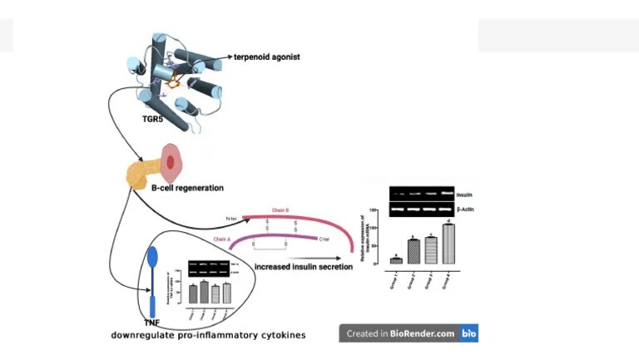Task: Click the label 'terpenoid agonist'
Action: click(x=266, y=57)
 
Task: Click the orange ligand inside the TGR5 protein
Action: click(x=174, y=82)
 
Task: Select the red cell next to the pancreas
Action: click(x=170, y=162)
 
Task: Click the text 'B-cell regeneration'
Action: click(x=187, y=188)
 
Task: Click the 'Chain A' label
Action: click(x=221, y=239)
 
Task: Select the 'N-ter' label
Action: click(x=233, y=219)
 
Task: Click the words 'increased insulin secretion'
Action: click(x=304, y=267)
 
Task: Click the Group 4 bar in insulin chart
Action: click(x=448, y=244)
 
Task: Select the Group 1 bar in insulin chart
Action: click(x=396, y=260)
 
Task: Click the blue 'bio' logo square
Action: click(x=469, y=333)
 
